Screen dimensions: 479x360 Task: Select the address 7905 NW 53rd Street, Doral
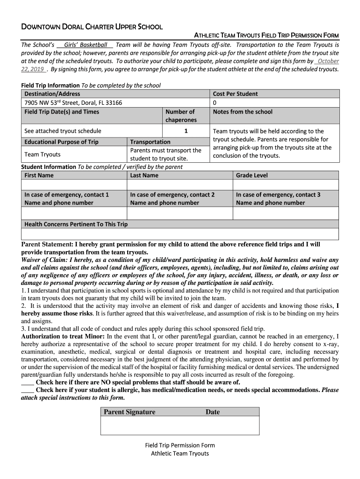[x=73, y=102]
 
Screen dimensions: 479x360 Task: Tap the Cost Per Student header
[x=235, y=94]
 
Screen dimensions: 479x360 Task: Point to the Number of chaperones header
[x=180, y=116]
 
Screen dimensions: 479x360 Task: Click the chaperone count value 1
[x=186, y=131]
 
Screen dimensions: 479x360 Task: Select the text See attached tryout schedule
[x=63, y=131]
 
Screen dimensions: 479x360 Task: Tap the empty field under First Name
[x=74, y=185]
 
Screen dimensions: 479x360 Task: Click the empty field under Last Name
[x=180, y=185]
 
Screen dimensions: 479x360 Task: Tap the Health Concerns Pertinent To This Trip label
[x=76, y=224]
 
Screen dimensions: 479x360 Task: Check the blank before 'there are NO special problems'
[x=28, y=382]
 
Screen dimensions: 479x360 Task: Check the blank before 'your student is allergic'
[x=28, y=390]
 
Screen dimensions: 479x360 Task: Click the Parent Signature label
[x=130, y=412]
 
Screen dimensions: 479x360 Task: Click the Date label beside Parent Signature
[x=212, y=412]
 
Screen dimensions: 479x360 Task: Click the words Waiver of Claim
[x=44, y=260]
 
